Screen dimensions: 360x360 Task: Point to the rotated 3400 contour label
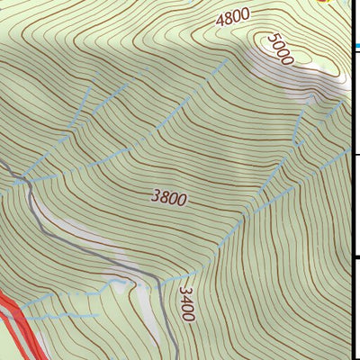[x=186, y=304]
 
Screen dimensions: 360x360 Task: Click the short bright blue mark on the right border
[x=355, y=45]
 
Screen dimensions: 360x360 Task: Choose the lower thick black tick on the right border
[x=355, y=259]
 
